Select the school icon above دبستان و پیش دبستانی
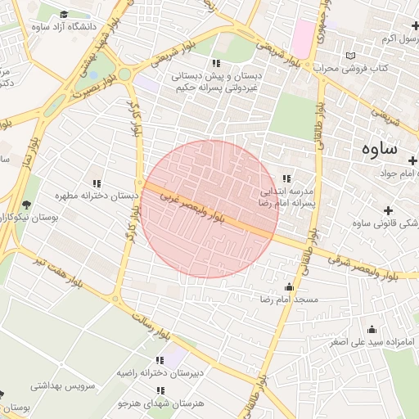216,63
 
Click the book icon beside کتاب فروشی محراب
352,56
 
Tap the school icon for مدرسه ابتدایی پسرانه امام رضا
286,178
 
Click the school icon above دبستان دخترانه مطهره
97,184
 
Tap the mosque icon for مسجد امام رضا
288,287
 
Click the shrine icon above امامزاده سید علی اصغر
372,329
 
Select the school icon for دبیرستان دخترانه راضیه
159,360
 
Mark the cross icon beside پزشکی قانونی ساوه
387,210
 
